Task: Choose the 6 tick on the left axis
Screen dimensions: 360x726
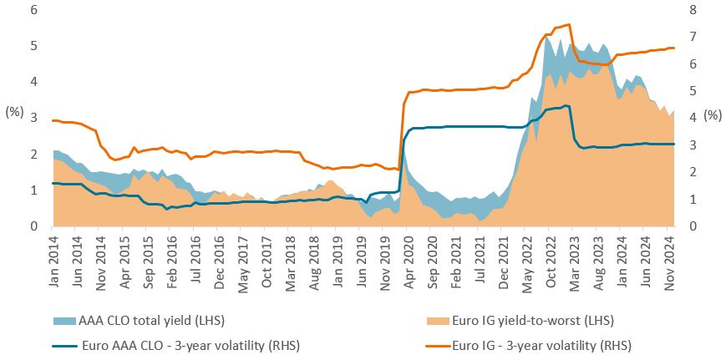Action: pyautogui.click(x=33, y=10)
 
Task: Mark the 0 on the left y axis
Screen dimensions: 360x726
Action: pyautogui.click(x=33, y=226)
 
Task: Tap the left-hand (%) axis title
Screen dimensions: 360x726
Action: pyautogui.click(x=14, y=110)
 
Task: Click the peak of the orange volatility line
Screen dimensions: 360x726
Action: pyautogui.click(x=569, y=24)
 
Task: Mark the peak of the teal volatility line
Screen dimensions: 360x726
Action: pyautogui.click(x=566, y=105)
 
